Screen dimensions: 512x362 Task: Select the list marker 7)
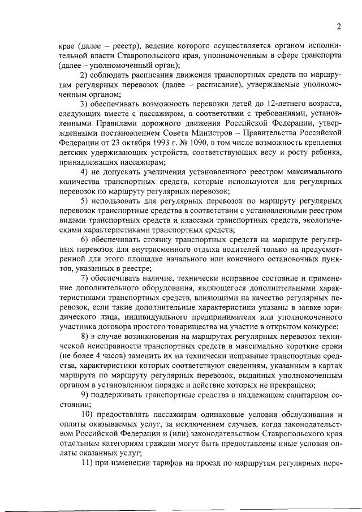point(85,278)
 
